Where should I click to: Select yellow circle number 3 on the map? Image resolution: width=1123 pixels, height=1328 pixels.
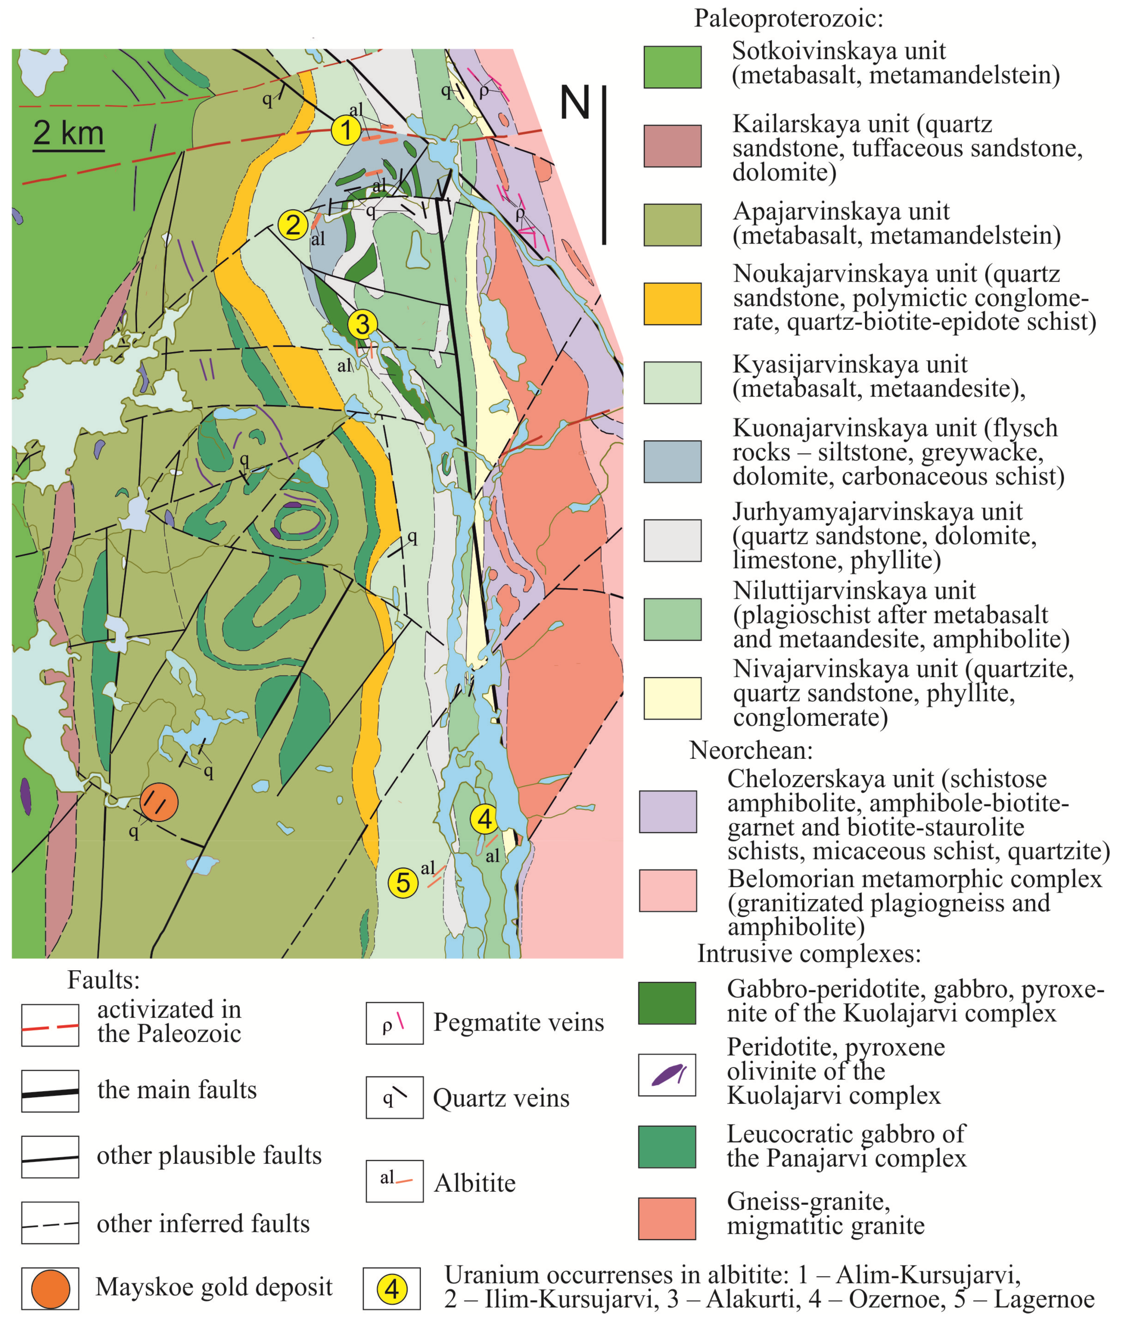pyautogui.click(x=362, y=323)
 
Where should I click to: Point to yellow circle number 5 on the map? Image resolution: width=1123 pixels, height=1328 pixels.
pyautogui.click(x=403, y=883)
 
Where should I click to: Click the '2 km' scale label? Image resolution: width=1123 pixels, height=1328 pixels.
pyautogui.click(x=68, y=133)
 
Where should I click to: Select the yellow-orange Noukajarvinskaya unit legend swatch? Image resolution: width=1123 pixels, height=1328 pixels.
pyautogui.click(x=672, y=304)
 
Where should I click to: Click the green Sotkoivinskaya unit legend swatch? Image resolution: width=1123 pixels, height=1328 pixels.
pyautogui.click(x=672, y=67)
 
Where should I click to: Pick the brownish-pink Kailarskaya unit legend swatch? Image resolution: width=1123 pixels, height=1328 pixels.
pyautogui.click(x=672, y=146)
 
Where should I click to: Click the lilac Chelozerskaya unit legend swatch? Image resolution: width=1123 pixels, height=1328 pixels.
pyautogui.click(x=668, y=811)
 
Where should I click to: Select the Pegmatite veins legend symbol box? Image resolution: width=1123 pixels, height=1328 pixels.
pyautogui.click(x=394, y=1024)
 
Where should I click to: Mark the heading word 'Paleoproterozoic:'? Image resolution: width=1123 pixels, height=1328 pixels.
pyautogui.click(x=788, y=18)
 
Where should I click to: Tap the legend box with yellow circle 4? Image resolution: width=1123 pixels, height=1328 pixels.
pyautogui.click(x=392, y=1289)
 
